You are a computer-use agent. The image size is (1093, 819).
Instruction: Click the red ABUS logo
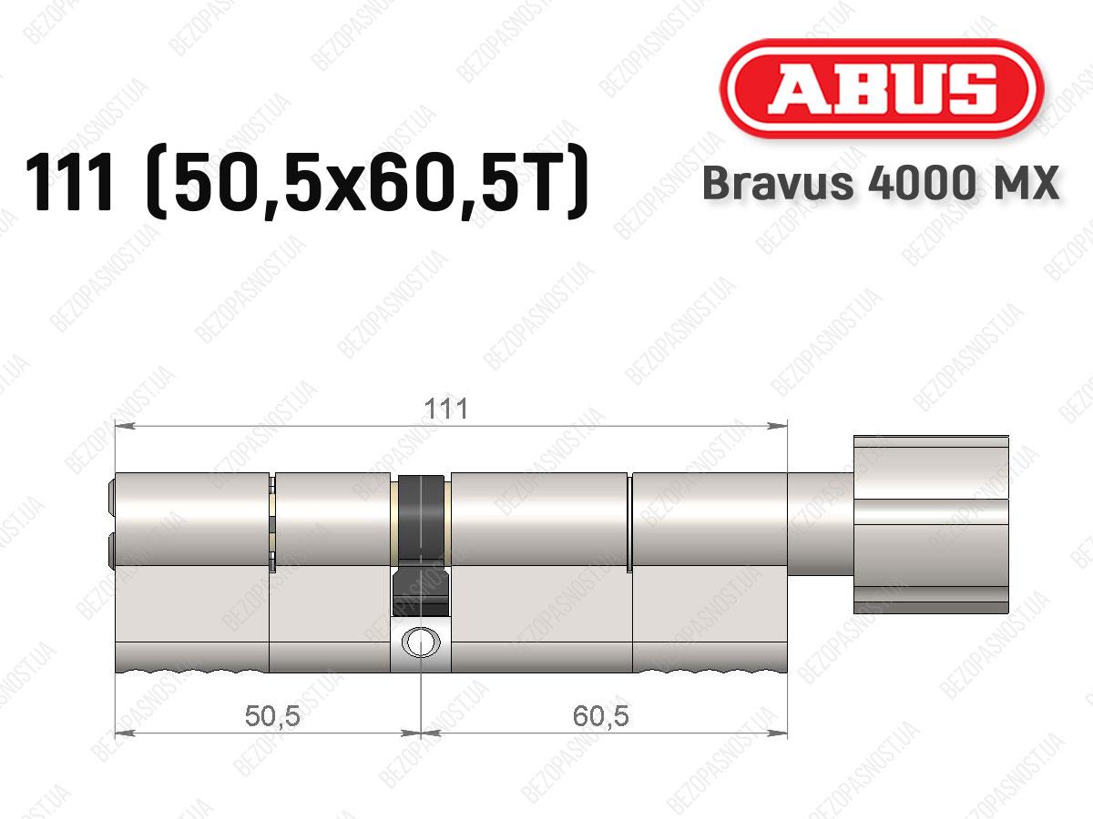882,88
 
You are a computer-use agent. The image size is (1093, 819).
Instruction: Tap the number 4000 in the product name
921,183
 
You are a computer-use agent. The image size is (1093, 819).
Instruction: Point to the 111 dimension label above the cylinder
446,409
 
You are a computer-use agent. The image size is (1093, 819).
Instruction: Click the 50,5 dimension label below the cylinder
272,716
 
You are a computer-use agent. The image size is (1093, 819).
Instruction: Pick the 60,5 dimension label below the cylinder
600,716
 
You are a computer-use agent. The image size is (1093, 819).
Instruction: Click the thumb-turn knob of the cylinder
931,525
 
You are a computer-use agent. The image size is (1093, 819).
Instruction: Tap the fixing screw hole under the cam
421,642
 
